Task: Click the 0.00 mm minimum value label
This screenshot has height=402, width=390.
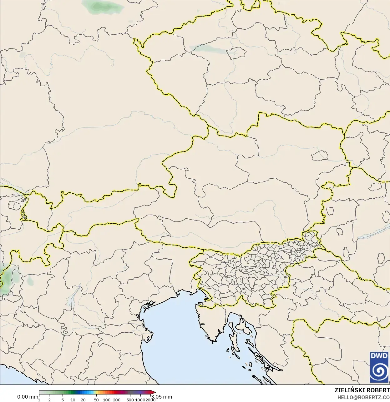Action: pos(28,397)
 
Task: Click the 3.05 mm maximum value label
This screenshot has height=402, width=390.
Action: pos(162,397)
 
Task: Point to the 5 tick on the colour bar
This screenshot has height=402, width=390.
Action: pos(63,400)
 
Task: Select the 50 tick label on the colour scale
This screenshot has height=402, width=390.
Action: pos(96,400)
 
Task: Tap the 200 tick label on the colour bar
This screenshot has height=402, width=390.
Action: pos(117,400)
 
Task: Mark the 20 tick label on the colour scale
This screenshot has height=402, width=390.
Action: pos(83,400)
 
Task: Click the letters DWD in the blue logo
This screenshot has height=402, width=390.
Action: pos(379,356)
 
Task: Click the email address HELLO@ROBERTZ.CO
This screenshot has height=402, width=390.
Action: pos(363,397)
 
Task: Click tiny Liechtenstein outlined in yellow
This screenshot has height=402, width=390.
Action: pos(23,214)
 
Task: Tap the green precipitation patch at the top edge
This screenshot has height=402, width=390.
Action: pos(102,7)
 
